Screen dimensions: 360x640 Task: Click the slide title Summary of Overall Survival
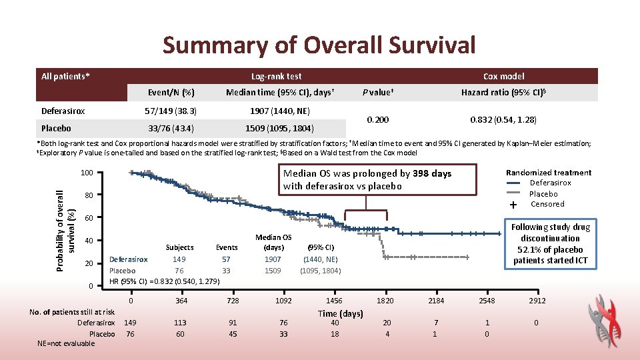pos(319,45)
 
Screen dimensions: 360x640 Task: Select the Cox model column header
pos(503,76)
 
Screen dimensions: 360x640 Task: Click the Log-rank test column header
pos(276,76)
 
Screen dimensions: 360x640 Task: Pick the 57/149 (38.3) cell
pos(171,111)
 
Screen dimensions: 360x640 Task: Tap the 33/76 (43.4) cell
pos(171,128)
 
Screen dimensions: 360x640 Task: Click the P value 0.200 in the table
pos(377,119)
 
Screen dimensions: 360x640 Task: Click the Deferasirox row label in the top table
pos(63,111)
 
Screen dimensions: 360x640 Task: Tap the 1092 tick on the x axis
pos(283,301)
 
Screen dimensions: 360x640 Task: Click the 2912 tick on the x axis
pos(537,301)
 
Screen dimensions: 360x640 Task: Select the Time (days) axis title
pos(340,313)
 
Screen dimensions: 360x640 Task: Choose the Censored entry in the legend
pos(547,204)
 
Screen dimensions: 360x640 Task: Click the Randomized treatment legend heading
pos(548,173)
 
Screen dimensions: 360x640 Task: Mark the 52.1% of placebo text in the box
pos(550,249)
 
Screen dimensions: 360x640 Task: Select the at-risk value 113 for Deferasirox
pos(181,323)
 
